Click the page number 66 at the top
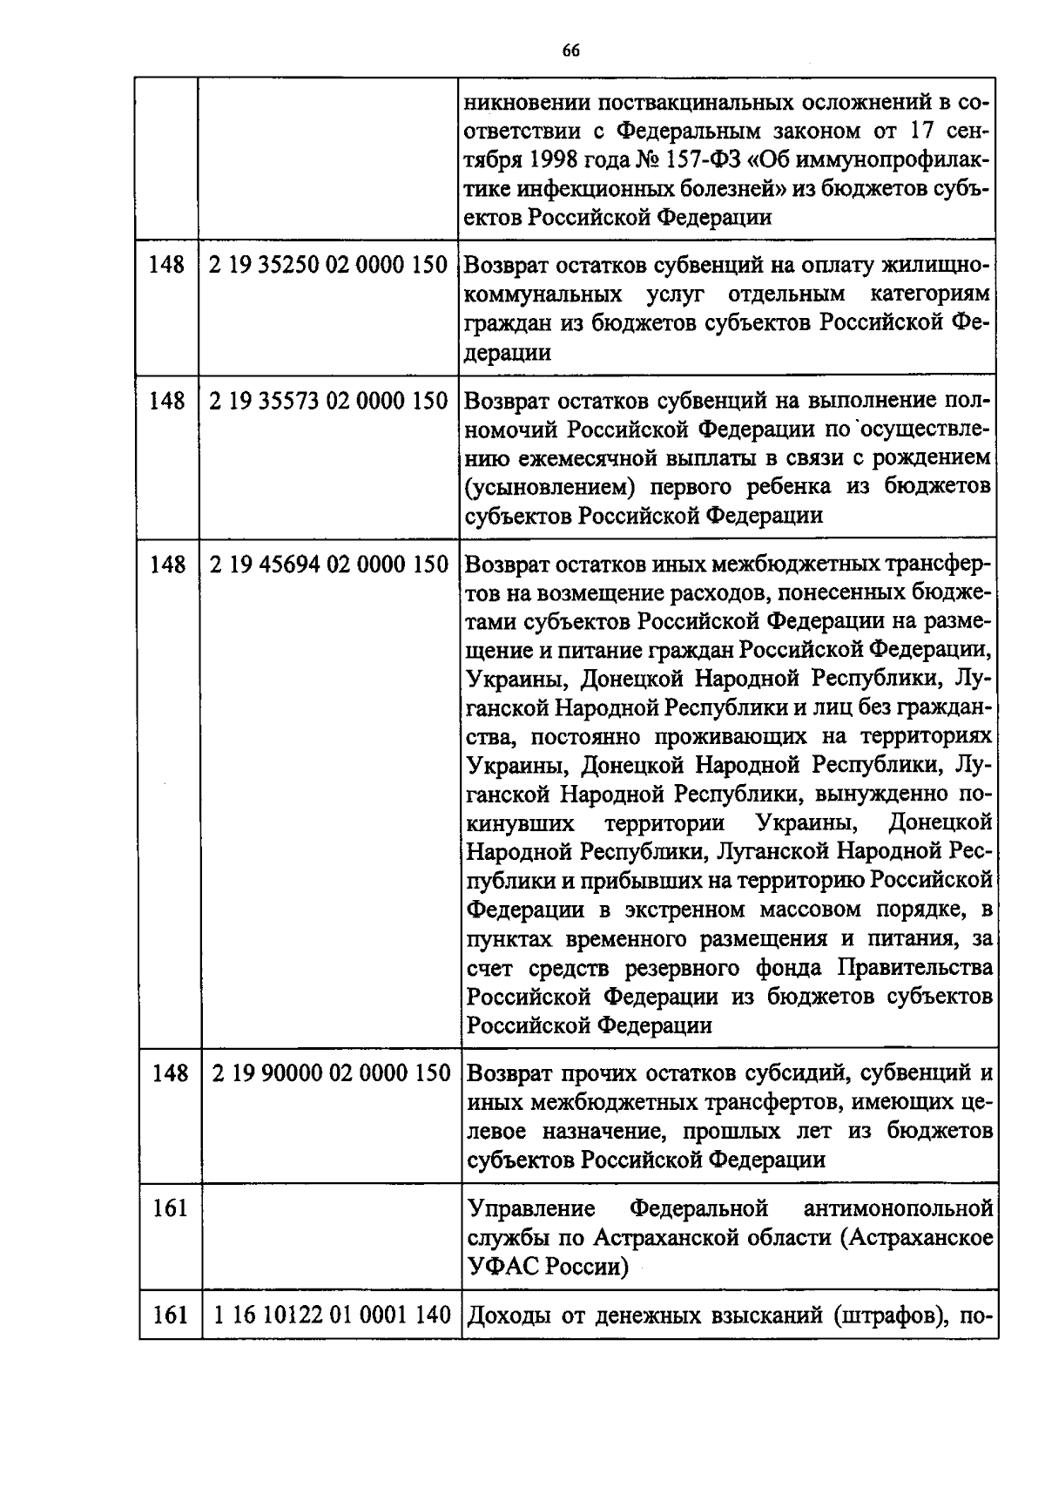570,50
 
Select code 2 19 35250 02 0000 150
328,265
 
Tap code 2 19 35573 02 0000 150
328,401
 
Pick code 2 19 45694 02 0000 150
328,565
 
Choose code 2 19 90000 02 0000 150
330,1072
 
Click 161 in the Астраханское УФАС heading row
170,1209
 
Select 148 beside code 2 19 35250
167,265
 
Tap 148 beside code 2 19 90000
169,1072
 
